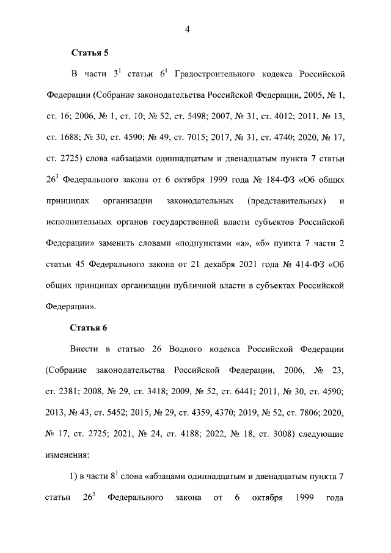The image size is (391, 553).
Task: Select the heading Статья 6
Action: (89, 328)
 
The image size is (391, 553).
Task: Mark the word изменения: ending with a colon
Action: (67, 455)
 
